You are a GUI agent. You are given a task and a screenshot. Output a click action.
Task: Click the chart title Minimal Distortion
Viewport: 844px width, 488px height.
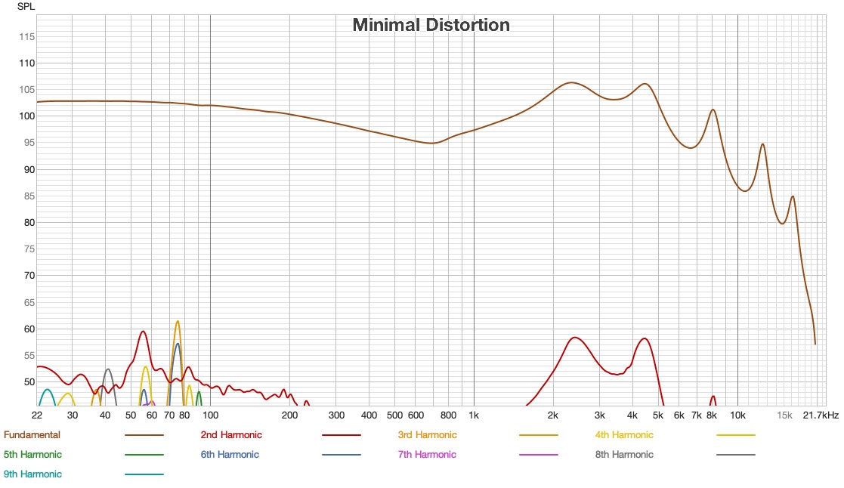coord(431,25)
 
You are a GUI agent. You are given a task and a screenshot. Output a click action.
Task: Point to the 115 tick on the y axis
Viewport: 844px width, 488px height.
coord(26,36)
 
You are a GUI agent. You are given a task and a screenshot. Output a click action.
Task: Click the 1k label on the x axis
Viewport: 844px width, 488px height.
coord(474,415)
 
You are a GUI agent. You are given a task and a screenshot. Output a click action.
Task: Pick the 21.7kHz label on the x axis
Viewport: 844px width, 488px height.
coord(821,415)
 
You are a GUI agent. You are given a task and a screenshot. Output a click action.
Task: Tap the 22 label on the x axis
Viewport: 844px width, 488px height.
coord(37,415)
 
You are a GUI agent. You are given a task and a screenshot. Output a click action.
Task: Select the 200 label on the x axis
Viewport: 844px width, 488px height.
coord(289,415)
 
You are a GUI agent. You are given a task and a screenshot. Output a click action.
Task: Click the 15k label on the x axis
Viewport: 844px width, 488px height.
coord(784,415)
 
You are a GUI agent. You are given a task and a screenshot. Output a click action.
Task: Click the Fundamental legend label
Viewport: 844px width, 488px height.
coord(32,435)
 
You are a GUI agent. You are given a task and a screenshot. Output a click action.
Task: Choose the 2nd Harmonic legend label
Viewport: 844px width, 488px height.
coord(231,435)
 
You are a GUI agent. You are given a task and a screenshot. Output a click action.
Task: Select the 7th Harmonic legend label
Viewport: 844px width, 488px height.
coord(427,455)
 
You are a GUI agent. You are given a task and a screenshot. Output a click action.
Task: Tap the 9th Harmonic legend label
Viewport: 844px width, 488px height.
coord(32,474)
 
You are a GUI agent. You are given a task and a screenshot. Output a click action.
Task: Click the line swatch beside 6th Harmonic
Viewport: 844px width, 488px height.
coord(342,455)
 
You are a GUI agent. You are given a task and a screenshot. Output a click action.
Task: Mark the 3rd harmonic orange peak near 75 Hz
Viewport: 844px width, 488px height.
coord(178,321)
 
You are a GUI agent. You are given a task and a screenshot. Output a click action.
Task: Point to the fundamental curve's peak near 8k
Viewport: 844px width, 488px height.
coord(713,110)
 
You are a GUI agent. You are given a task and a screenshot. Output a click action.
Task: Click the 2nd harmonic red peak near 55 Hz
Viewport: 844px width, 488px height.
coord(143,331)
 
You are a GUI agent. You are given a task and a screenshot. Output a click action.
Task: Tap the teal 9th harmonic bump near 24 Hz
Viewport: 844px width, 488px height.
coord(48,390)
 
